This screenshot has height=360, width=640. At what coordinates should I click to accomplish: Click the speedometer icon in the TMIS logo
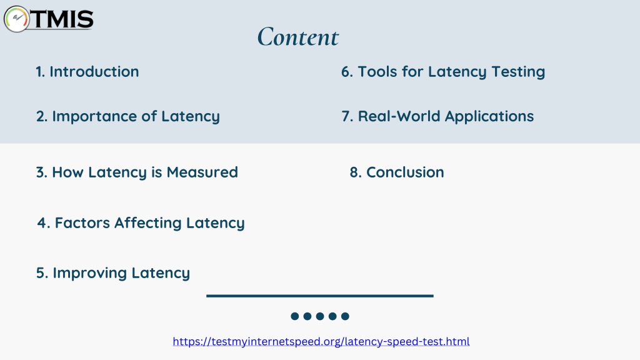[16, 19]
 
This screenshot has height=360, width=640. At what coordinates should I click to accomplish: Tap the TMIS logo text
[62, 19]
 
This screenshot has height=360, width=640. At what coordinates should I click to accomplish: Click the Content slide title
[298, 37]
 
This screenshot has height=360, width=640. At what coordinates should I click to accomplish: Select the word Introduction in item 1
[94, 72]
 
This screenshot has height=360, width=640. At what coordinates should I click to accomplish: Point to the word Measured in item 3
[202, 172]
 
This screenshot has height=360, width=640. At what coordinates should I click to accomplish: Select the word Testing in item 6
[518, 72]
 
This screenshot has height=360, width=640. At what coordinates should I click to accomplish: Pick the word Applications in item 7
[489, 117]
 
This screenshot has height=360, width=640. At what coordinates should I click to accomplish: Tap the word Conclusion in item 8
[405, 172]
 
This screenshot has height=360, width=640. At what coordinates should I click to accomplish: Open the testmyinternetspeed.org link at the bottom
[321, 341]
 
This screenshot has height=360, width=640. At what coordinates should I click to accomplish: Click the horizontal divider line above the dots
[320, 296]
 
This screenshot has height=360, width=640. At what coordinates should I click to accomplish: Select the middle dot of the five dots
[320, 316]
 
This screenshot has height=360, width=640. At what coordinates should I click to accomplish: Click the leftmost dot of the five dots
[295, 316]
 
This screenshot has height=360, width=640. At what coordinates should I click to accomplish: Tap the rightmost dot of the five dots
[345, 316]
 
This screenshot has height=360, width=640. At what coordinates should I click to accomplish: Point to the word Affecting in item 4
[147, 223]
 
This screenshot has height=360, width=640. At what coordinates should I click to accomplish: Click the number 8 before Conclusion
[354, 172]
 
